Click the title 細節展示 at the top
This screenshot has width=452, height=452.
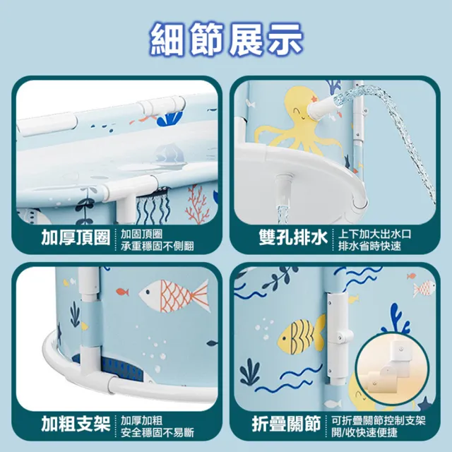(226, 40)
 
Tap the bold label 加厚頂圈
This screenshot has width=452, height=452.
(76, 238)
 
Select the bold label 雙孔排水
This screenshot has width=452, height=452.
(293, 238)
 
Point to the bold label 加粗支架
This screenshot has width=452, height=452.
(76, 424)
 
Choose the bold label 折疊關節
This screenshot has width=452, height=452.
(286, 424)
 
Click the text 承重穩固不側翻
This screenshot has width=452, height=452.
(157, 246)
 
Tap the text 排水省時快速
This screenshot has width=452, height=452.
(369, 246)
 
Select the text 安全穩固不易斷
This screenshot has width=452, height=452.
(157, 432)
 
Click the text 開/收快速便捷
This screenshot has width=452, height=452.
(364, 432)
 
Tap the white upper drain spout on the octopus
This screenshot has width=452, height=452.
(322, 109)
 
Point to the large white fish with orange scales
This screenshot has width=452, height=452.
(174, 296)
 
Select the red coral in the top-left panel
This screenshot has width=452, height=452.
(197, 205)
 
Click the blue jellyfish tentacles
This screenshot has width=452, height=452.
(153, 206)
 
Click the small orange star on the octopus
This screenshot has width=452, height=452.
(314, 99)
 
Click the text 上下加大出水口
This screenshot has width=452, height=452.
(375, 234)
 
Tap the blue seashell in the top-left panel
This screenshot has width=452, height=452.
(170, 119)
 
